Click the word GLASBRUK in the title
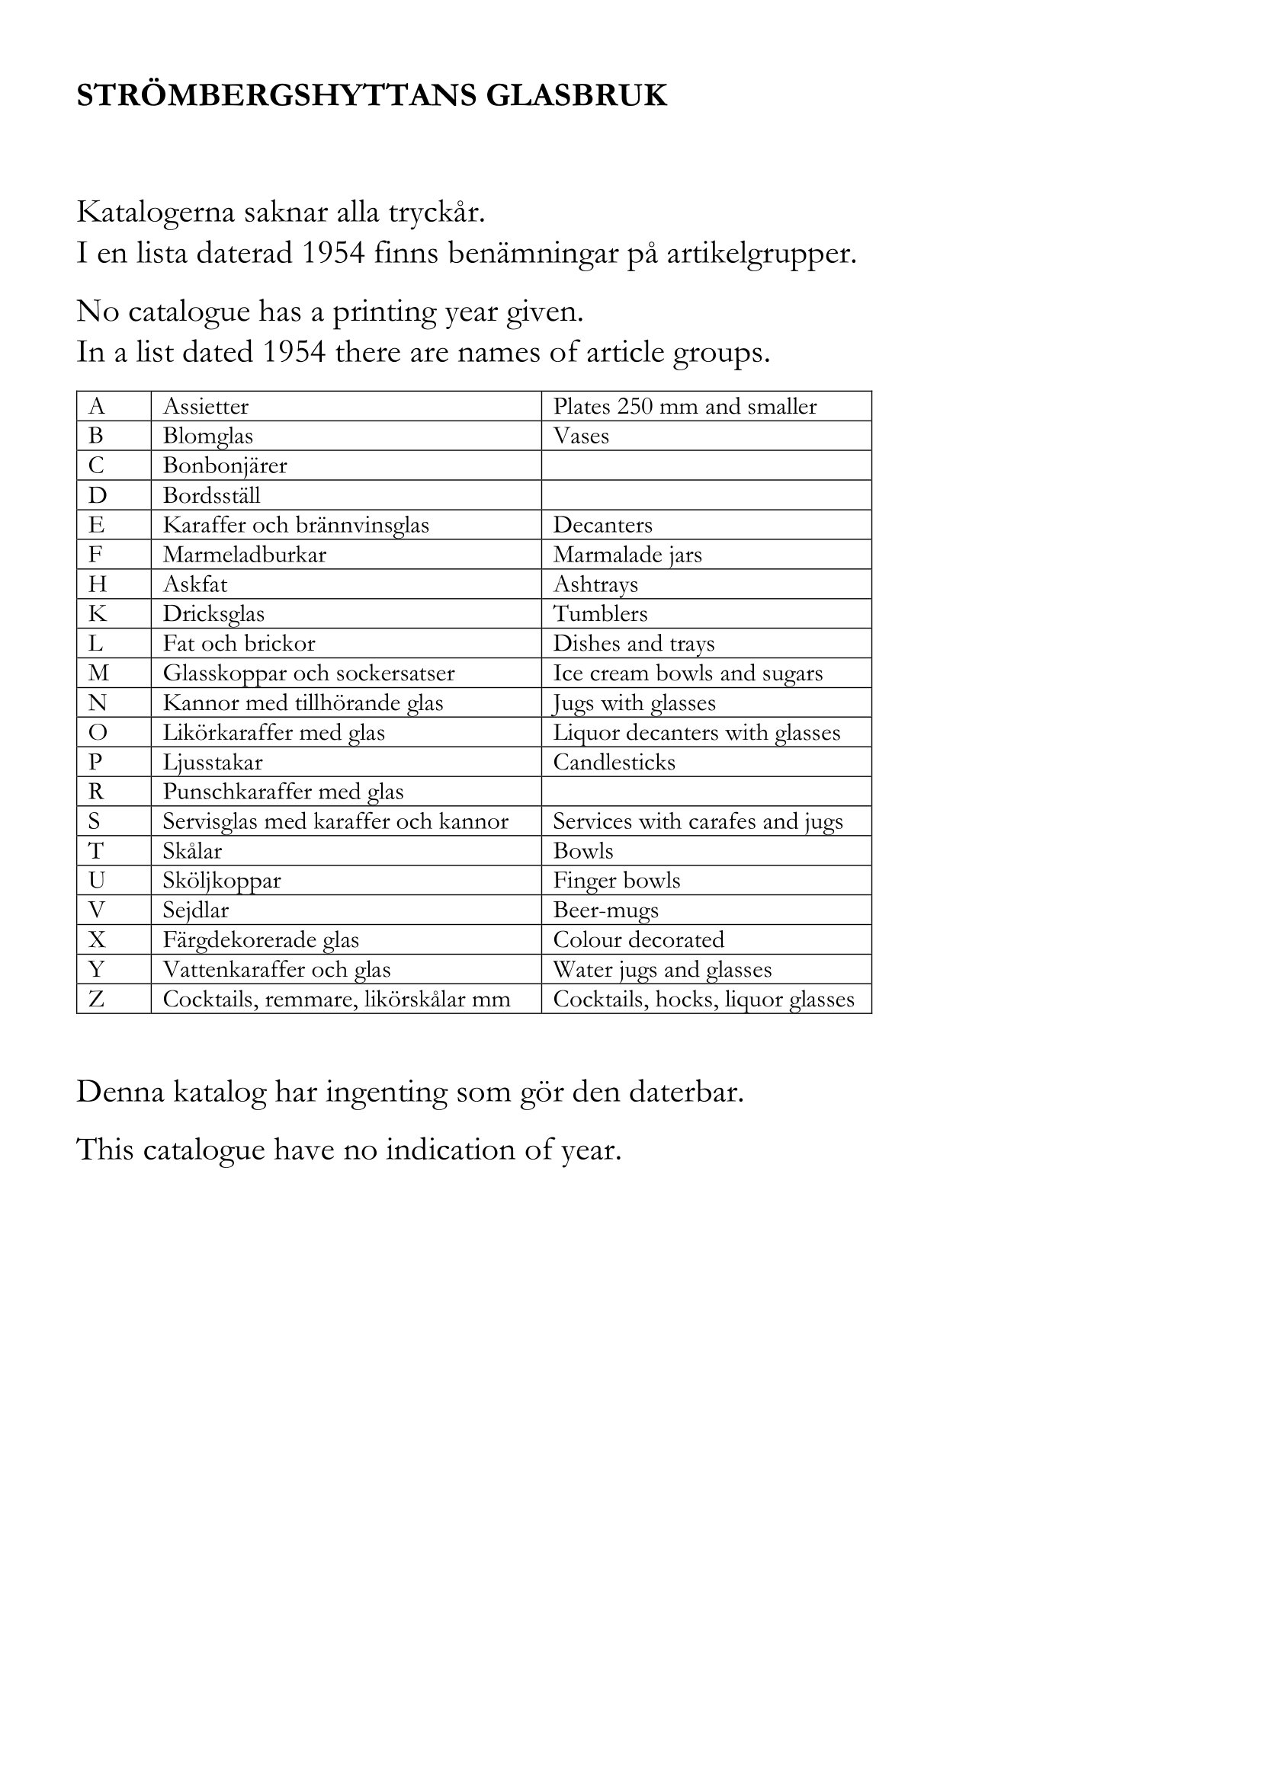[x=576, y=95]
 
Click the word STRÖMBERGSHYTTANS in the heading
[x=276, y=95]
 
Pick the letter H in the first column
[x=97, y=584]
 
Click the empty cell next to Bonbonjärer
[x=706, y=465]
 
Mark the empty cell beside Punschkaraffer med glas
[x=706, y=792]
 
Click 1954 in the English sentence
[x=294, y=353]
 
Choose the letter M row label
[x=98, y=673]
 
